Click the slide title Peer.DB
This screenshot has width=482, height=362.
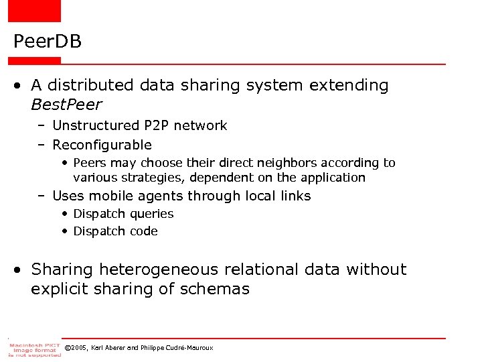[x=47, y=42]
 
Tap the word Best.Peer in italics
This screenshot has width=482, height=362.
[x=66, y=105]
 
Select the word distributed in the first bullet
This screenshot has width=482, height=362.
[x=90, y=85]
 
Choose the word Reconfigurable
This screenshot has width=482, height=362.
[x=102, y=145]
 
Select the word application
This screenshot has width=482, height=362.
[x=333, y=178]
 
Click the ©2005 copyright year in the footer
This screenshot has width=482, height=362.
[x=76, y=348]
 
